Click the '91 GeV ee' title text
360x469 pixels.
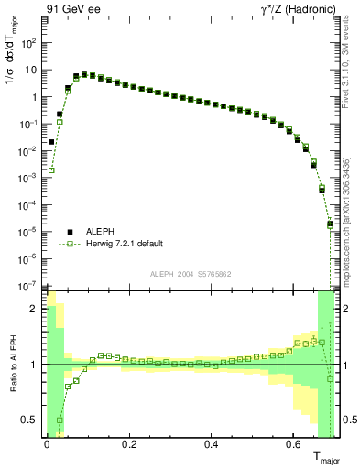click(71, 11)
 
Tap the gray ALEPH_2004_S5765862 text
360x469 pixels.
click(191, 274)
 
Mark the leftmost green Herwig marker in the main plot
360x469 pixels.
click(52, 170)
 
